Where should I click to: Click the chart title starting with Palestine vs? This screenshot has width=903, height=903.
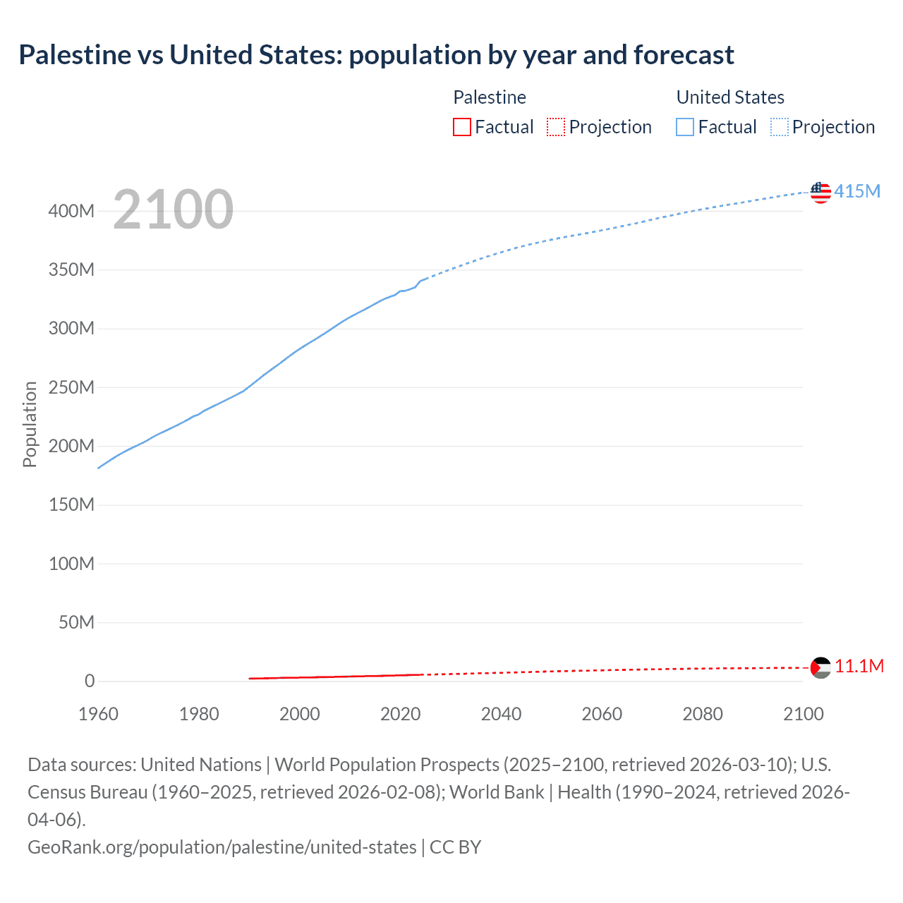pyautogui.click(x=376, y=54)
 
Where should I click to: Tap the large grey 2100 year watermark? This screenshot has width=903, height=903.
pyautogui.click(x=173, y=210)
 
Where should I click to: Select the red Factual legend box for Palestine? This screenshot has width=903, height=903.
pyautogui.click(x=461, y=127)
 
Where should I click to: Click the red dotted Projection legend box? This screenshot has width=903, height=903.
pyautogui.click(x=556, y=127)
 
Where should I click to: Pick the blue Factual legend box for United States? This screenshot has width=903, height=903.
pyautogui.click(x=684, y=127)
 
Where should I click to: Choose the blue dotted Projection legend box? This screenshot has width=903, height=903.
pyautogui.click(x=780, y=127)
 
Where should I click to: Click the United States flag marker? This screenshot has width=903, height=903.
pyautogui.click(x=820, y=192)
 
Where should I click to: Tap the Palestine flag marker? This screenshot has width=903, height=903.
pyautogui.click(x=820, y=667)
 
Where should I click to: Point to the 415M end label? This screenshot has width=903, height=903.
pyautogui.click(x=857, y=191)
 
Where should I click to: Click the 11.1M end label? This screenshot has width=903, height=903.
pyautogui.click(x=859, y=667)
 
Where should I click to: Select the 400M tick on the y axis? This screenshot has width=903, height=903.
pyautogui.click(x=71, y=211)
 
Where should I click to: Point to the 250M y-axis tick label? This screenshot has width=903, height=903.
pyautogui.click(x=71, y=387)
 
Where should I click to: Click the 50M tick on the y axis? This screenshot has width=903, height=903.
pyautogui.click(x=76, y=622)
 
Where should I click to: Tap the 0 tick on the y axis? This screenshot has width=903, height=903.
pyautogui.click(x=90, y=681)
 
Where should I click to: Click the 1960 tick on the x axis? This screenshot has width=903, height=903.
pyautogui.click(x=98, y=714)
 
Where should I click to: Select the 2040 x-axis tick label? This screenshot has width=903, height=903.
pyautogui.click(x=501, y=714)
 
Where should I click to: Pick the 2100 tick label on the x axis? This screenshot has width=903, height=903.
pyautogui.click(x=804, y=714)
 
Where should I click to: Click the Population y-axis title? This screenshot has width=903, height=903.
pyautogui.click(x=30, y=424)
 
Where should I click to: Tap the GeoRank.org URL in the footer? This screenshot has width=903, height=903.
pyautogui.click(x=222, y=847)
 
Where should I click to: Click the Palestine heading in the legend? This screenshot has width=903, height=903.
pyautogui.click(x=490, y=97)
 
